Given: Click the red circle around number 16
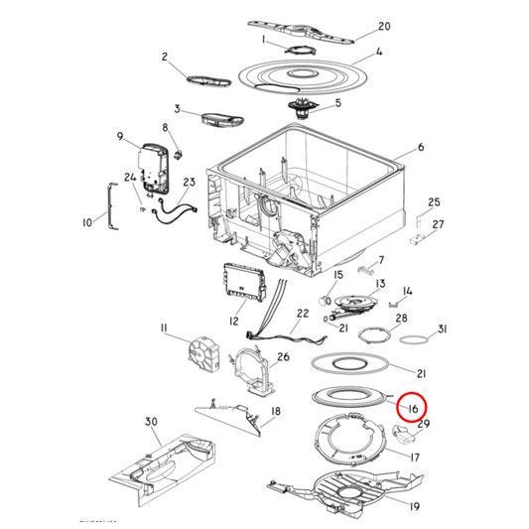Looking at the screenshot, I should click(411, 406).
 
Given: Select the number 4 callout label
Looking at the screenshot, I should click(381, 51).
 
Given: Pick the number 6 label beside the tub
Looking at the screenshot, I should click(420, 147).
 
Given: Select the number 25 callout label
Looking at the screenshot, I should click(433, 202).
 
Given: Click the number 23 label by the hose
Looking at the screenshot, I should click(189, 182).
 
